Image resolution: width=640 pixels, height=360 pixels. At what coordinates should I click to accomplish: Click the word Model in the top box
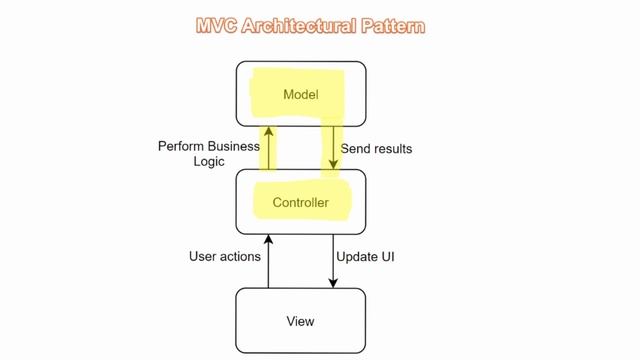[x=300, y=95]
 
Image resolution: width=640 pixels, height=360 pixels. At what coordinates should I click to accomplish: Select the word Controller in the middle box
[x=300, y=203]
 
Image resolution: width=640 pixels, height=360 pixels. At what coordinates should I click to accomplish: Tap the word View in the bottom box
[x=300, y=321]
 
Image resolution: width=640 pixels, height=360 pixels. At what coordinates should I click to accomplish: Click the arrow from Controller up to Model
[x=268, y=145]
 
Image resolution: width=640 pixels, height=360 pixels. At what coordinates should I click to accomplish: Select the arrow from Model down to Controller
[x=332, y=145]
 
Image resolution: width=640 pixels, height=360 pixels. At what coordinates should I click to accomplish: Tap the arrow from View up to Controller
[x=268, y=261]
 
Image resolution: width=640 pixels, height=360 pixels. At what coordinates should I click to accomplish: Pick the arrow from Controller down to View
[x=332, y=261]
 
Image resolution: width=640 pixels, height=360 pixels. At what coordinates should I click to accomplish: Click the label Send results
[x=376, y=149]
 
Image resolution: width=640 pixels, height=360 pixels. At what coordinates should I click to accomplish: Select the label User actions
[x=225, y=257]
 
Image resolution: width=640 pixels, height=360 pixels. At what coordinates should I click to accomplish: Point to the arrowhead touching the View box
[x=332, y=284]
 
